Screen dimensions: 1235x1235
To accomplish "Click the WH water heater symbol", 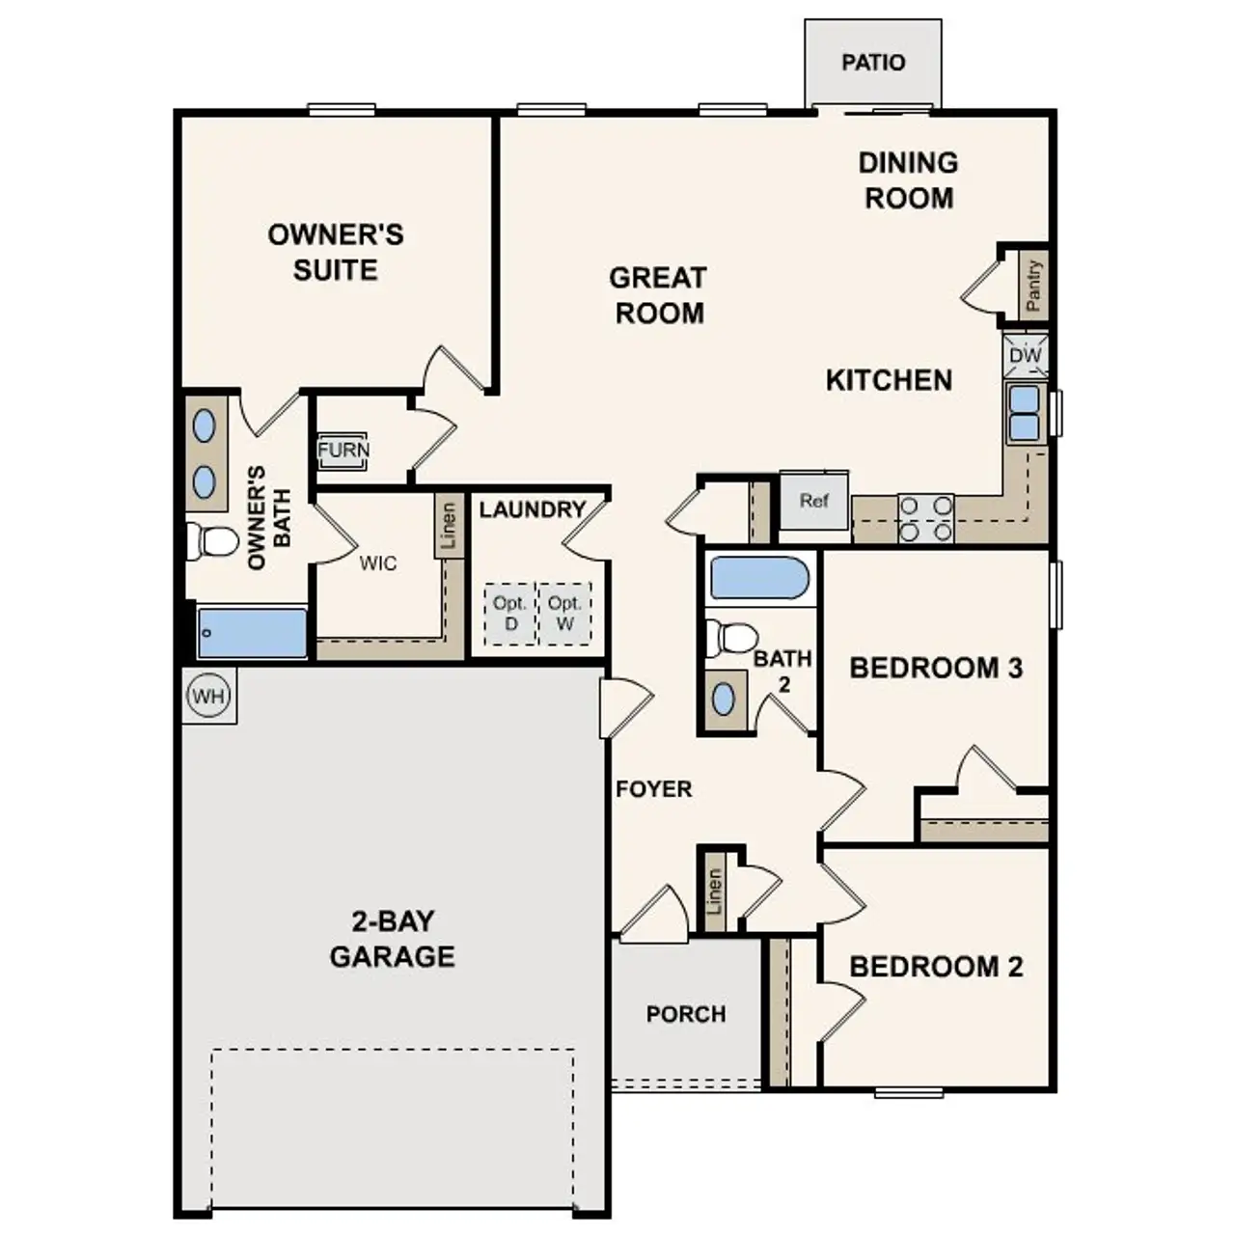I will point(208,696).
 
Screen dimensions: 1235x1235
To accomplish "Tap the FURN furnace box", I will point(343,451).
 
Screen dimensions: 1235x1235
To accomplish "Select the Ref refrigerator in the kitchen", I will point(814,501).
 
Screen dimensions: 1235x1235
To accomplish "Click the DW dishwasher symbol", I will point(1025,356).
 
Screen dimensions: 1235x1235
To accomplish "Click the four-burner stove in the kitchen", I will point(926,518).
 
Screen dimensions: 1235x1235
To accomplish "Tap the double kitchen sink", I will point(1025,412).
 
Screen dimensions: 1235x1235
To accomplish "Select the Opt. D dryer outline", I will point(509,613).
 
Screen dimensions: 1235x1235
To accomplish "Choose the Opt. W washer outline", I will point(564,613).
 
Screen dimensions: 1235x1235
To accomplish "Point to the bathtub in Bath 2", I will point(759,578).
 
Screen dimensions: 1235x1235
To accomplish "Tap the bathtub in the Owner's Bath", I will point(253,633).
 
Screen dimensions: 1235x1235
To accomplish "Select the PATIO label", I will point(873,63).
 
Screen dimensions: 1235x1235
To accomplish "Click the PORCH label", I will point(686,1014).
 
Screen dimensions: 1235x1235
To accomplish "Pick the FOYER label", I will point(654,789).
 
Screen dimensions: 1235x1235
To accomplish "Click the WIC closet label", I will point(377,563).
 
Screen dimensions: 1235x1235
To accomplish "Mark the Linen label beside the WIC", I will point(448,527).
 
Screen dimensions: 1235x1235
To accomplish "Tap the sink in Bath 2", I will point(724,699).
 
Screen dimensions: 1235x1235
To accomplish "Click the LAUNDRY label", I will point(533,509).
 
